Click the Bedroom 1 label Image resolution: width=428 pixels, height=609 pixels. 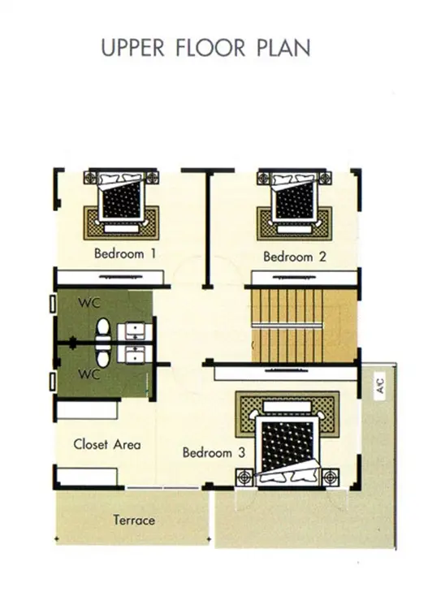click(x=125, y=253)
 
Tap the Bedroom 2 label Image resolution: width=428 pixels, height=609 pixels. click(x=294, y=257)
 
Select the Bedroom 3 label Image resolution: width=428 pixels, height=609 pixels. click(x=214, y=452)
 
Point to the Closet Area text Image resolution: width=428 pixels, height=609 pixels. click(x=107, y=444)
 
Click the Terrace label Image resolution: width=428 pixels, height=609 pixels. click(x=134, y=520)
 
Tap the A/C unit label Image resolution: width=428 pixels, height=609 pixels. click(x=380, y=386)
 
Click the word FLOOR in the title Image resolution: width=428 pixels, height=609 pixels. click(x=210, y=48)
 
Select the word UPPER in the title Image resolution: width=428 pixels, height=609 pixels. click(x=132, y=48)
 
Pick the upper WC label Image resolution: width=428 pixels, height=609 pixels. click(x=89, y=303)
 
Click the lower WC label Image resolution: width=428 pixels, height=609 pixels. click(x=89, y=374)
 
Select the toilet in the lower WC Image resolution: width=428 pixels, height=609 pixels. click(x=103, y=356)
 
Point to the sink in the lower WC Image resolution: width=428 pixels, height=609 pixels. click(x=134, y=354)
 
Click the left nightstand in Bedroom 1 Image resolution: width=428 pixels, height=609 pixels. click(x=93, y=178)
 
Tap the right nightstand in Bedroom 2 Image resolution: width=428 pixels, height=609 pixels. click(x=324, y=179)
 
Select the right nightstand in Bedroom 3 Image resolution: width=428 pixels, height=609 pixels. click(x=331, y=477)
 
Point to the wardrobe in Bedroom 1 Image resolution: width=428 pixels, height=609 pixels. click(x=110, y=278)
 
